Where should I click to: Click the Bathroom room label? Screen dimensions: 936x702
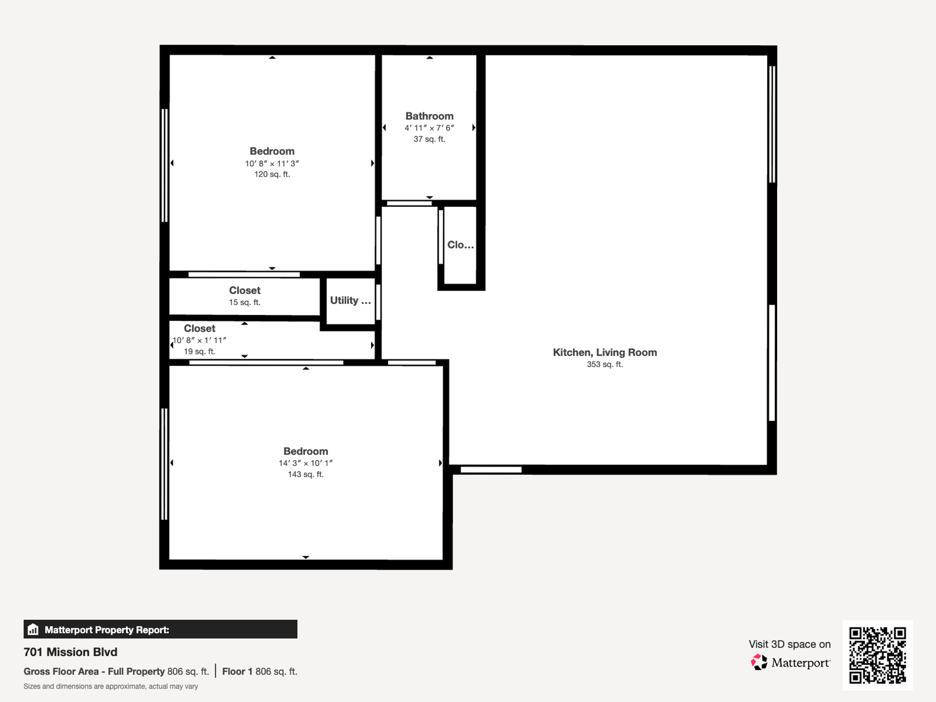429,116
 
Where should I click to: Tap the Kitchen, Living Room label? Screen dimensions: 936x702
604,352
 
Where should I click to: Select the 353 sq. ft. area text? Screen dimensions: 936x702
604,365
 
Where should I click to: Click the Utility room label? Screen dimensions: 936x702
351,300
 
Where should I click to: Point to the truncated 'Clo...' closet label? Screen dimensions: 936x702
461,245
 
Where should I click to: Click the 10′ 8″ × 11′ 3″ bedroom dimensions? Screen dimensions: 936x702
272,164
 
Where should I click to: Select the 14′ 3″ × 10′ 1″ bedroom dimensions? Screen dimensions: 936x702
306,463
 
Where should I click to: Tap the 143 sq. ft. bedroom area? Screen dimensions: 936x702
306,474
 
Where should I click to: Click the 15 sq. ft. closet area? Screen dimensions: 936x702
245,302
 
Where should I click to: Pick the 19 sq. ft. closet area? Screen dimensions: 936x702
199,351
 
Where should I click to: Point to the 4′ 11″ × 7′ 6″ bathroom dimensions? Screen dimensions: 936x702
429,128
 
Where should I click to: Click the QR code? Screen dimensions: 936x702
877,655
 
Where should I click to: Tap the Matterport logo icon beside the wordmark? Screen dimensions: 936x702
759,662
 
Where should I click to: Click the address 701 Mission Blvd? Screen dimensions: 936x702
71,652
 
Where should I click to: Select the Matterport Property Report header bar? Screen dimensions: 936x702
160,629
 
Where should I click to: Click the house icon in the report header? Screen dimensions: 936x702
33,629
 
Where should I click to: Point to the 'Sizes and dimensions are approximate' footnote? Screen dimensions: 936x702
111,686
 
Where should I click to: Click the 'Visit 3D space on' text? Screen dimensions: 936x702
790,644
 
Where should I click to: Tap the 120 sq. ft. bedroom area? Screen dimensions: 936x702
272,175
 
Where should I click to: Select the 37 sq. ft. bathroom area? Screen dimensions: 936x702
429,139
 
